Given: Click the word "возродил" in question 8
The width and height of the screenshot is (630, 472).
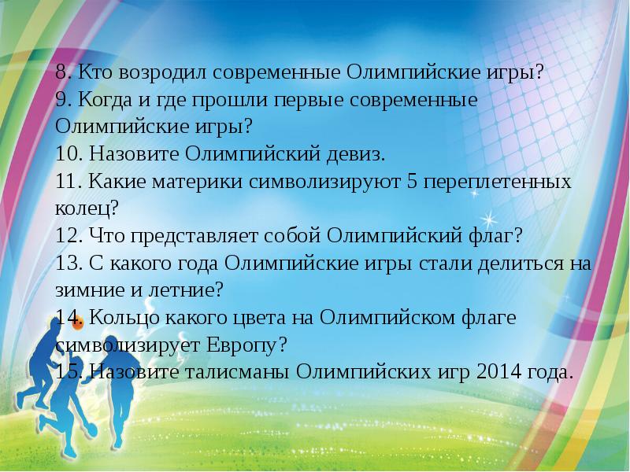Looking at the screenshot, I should [x=135, y=72].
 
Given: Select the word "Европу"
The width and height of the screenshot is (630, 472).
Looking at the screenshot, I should [x=243, y=345].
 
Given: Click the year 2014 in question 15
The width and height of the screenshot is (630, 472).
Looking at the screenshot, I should [x=495, y=371].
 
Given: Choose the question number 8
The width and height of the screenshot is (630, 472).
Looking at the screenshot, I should [x=61, y=72].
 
